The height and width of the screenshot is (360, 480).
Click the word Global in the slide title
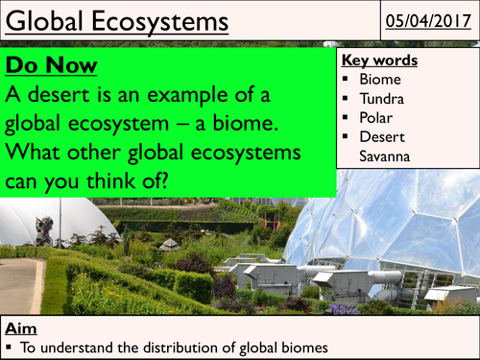(x=48, y=20)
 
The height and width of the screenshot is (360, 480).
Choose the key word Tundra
(x=394, y=99)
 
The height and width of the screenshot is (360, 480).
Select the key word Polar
(x=389, y=119)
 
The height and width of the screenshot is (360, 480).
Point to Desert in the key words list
(x=393, y=139)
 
